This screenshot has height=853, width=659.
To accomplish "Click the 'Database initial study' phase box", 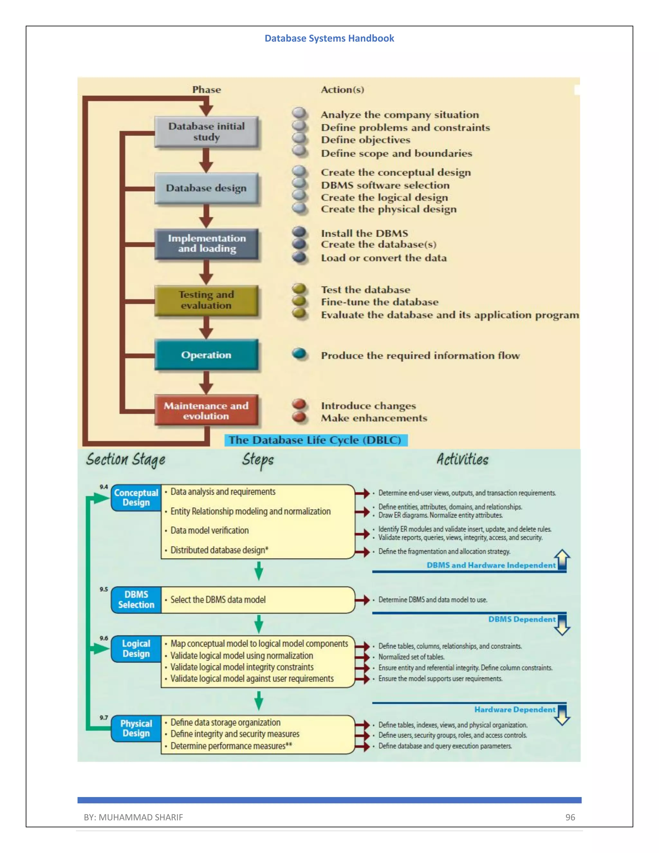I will point(206,132).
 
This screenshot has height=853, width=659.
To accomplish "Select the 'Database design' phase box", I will point(206,188).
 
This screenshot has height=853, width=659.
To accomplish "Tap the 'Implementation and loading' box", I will point(206,244).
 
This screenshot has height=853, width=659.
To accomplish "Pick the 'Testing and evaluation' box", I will point(206,300).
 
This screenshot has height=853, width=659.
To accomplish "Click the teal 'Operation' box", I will point(206,355).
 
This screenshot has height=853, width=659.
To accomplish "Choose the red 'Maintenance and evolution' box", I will point(206,410).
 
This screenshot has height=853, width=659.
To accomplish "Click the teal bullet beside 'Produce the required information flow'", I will point(300,353).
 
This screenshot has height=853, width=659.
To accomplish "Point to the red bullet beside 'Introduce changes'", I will point(300,404).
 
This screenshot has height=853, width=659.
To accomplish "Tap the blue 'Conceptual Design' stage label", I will point(136,498).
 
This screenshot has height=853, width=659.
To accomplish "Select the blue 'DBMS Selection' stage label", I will point(136,600).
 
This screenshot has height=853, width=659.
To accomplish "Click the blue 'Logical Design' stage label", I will point(136,649).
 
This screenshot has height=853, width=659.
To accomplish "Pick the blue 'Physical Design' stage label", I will point(136,728).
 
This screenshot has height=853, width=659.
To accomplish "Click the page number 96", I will point(570,817).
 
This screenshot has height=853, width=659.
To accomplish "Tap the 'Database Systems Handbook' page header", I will point(329,38).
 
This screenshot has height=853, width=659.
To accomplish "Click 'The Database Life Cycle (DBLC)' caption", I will point(315,440).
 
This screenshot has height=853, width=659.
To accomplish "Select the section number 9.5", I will point(104,589).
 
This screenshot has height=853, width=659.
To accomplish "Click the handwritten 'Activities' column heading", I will point(463,459).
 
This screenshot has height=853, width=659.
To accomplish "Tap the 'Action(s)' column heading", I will point(342,90).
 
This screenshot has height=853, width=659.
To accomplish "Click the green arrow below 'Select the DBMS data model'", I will point(258,624).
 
